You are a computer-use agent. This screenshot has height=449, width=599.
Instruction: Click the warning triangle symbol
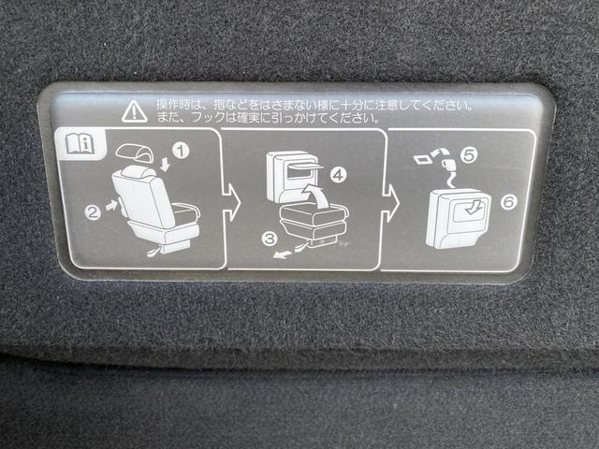point(134,111)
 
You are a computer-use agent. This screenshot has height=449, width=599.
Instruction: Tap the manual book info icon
point(80,143)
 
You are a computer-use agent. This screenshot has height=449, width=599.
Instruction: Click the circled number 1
point(181,151)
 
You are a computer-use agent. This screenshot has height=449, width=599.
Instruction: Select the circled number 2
point(93,212)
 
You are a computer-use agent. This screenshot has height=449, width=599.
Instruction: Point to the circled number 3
point(270,239)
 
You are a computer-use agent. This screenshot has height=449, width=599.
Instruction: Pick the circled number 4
point(338,176)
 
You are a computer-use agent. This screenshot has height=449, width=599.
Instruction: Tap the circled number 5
point(469,155)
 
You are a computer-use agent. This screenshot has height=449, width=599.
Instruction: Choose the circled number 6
point(509,202)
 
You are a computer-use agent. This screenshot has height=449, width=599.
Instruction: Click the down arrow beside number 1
point(165,165)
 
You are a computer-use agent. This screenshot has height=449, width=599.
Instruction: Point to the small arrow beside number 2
point(111,206)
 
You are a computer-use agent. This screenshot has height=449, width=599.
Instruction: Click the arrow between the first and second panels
point(231,202)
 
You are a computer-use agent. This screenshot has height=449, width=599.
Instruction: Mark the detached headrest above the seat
point(135,152)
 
